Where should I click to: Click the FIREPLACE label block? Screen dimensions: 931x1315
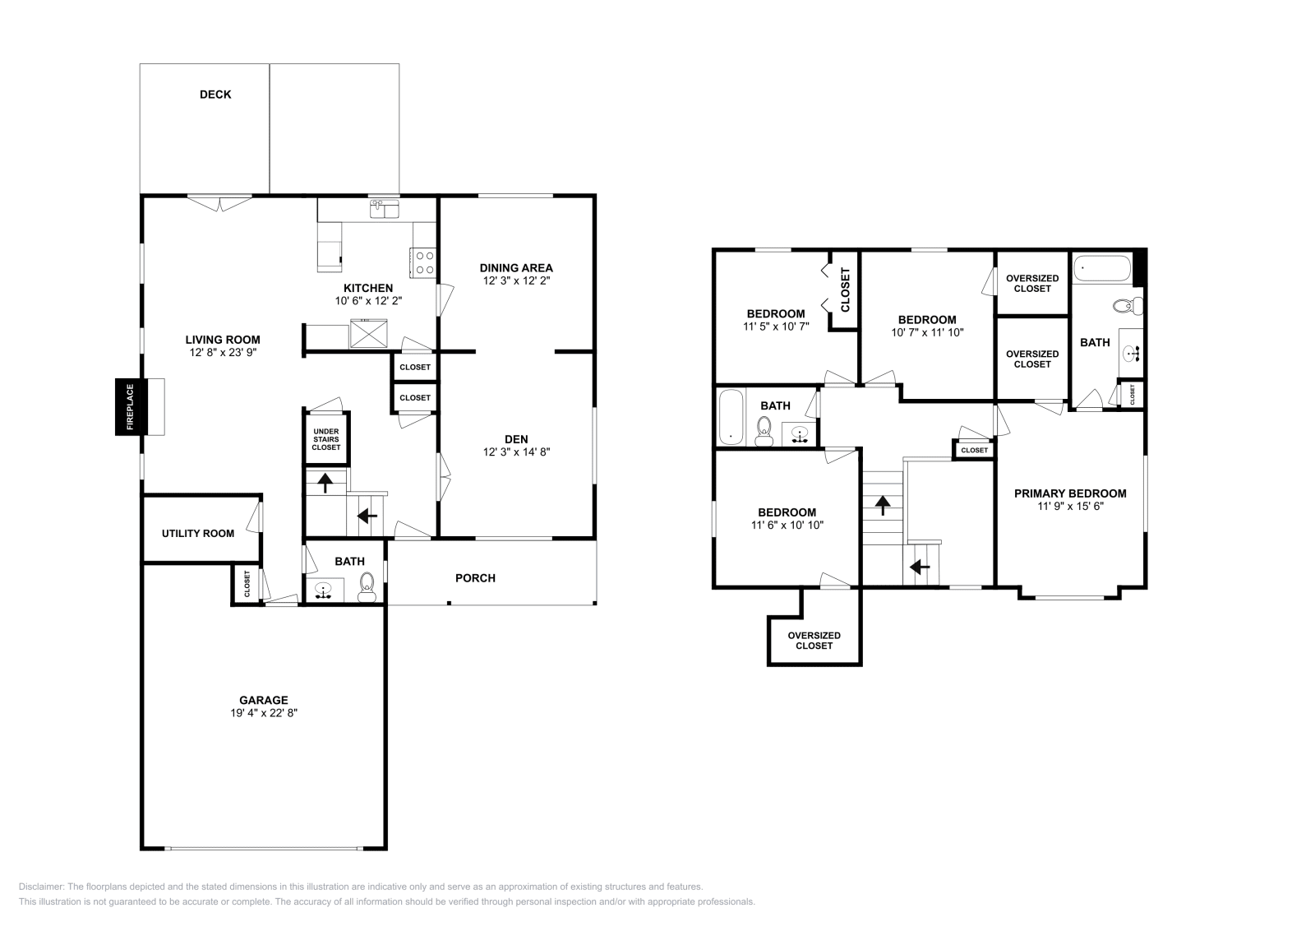click(129, 407)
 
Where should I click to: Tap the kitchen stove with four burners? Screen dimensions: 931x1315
click(423, 262)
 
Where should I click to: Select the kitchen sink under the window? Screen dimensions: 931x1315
click(384, 211)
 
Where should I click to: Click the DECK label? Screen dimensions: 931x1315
click(215, 95)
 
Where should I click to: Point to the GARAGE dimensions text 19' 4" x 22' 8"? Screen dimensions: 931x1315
click(263, 713)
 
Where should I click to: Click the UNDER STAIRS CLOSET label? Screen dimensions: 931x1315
click(325, 439)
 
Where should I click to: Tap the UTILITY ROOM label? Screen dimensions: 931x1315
click(198, 533)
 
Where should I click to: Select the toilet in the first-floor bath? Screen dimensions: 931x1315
click(367, 586)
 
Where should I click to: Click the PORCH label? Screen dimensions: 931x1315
click(475, 578)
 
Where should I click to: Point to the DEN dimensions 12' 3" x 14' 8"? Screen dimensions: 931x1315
click(516, 452)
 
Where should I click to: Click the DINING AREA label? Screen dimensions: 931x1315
click(516, 267)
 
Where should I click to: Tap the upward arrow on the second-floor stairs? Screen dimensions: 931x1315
click(883, 505)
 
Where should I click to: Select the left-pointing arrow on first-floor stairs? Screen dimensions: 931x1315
click(367, 516)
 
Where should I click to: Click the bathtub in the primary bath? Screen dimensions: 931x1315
click(1101, 267)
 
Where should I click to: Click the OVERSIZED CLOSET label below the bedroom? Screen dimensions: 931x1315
click(814, 640)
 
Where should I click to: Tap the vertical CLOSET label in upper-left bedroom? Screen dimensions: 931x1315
click(845, 289)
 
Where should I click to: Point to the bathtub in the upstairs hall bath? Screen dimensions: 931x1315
click(730, 418)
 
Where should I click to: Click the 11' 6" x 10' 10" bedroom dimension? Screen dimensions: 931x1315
click(787, 525)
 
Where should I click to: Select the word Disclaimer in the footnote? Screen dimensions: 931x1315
click(39, 887)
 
